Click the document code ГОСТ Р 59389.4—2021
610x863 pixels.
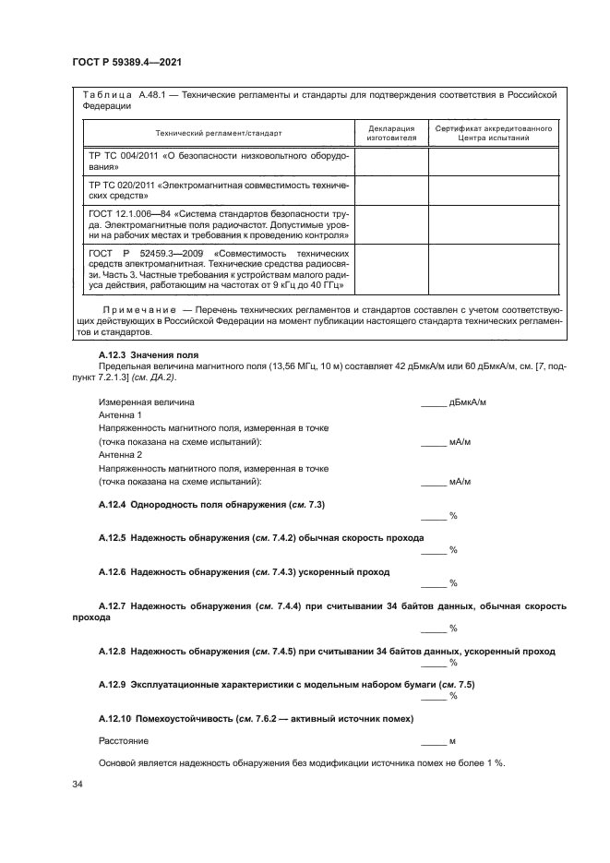(x=125, y=63)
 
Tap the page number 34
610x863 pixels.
(x=78, y=785)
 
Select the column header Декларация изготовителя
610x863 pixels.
(x=390, y=133)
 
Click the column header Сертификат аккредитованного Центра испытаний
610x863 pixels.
(x=494, y=133)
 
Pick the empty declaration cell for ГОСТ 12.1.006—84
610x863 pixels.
(x=390, y=223)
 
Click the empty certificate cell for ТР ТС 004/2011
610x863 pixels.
(x=494, y=162)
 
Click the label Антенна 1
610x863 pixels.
(x=120, y=416)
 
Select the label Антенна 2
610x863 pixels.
(x=120, y=455)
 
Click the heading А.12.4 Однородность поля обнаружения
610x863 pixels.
(x=211, y=505)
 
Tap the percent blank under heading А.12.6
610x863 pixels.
(x=433, y=583)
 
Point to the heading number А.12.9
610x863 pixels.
(x=114, y=684)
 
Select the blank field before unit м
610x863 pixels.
(x=433, y=742)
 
